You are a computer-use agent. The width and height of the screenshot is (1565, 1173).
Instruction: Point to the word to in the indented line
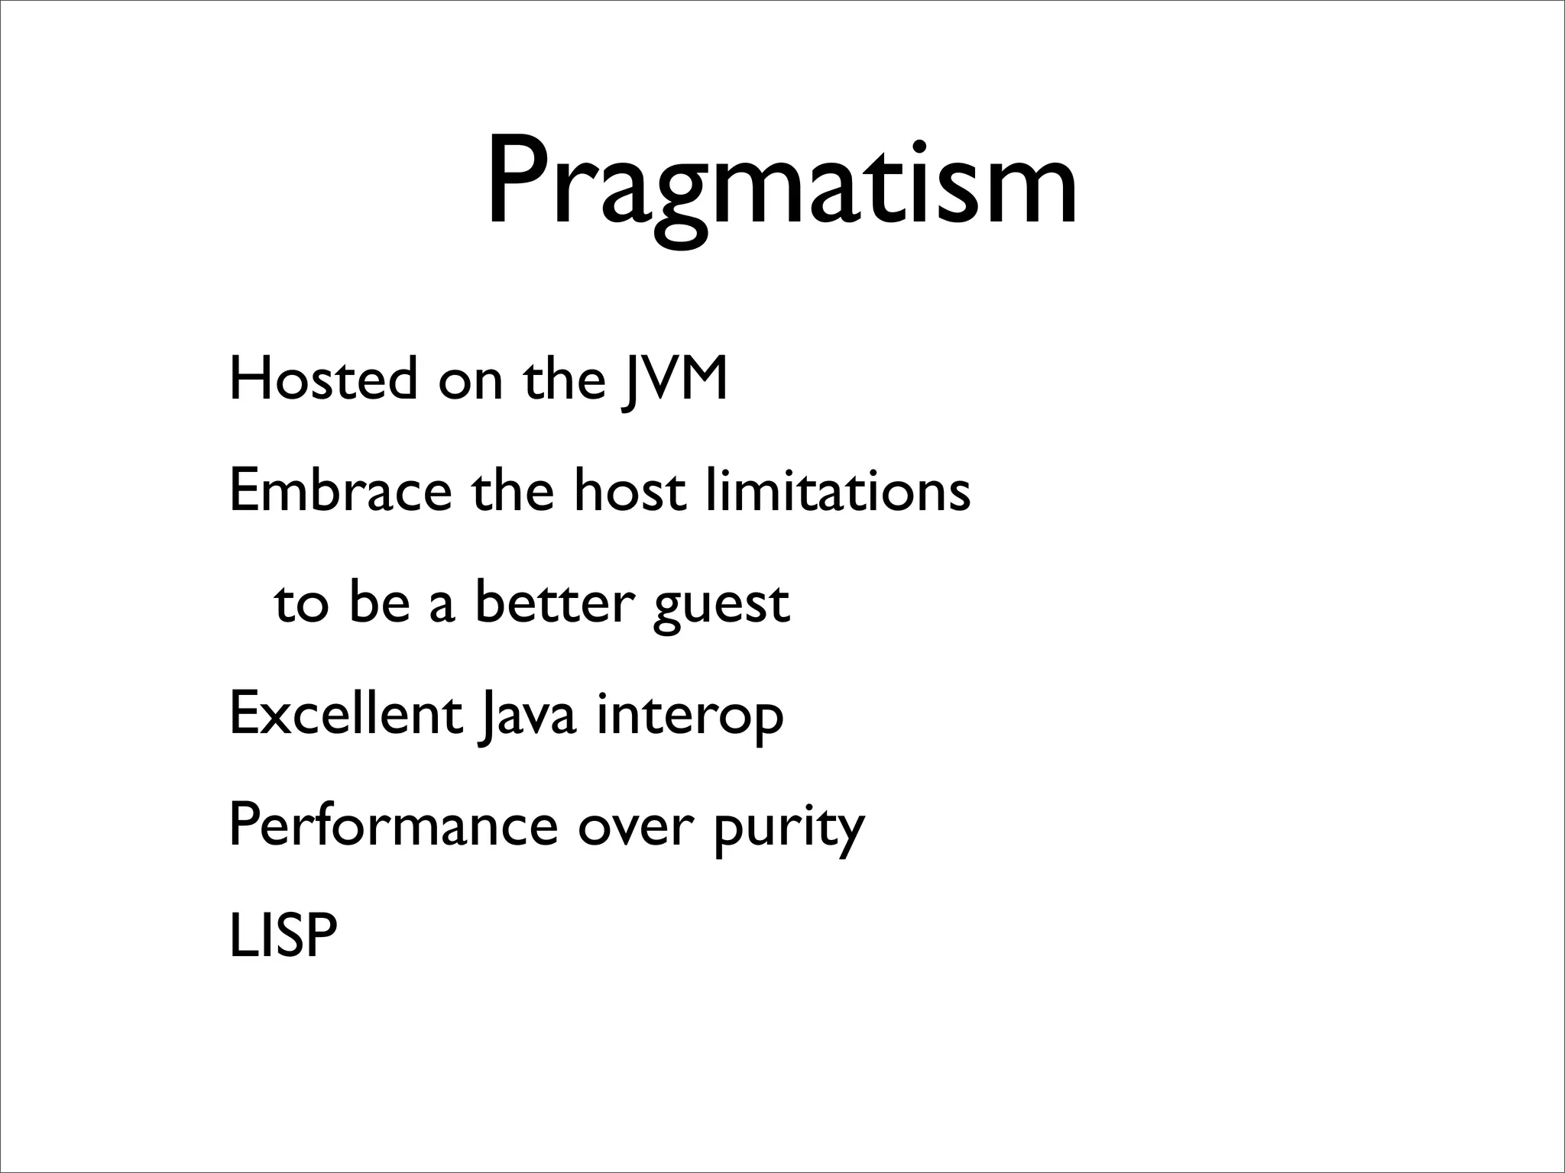[x=302, y=604]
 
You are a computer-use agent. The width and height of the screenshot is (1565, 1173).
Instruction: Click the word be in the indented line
[x=380, y=603]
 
